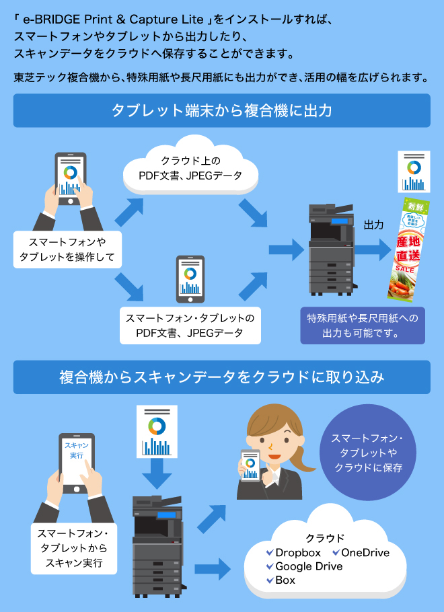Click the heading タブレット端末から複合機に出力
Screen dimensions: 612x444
tap(222, 110)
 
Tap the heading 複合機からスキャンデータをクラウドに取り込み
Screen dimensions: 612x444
tap(222, 377)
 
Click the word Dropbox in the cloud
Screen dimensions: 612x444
tap(297, 553)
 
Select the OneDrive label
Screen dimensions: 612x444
tap(365, 553)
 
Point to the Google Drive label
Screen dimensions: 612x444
tap(309, 566)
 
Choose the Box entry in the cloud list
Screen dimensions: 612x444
tap(285, 580)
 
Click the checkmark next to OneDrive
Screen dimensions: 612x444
tap(336, 553)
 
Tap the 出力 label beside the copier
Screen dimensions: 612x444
tap(373, 225)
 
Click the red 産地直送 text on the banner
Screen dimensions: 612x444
tap(408, 248)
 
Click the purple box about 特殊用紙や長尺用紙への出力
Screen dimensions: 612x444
tap(363, 325)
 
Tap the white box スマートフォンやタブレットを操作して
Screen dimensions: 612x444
tap(67, 249)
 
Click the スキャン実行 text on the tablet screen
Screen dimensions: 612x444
tap(76, 450)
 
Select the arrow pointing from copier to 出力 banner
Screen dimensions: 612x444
tap(373, 250)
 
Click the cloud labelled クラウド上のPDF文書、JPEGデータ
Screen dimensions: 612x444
tap(190, 168)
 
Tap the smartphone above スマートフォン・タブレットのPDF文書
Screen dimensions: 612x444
tap(190, 278)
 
